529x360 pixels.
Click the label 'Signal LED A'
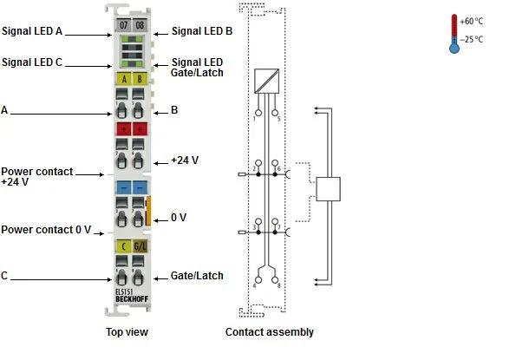click(x=32, y=31)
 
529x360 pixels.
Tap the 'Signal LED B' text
click(x=202, y=31)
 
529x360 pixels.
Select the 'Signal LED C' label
click(x=32, y=62)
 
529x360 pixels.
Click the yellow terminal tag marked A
click(x=124, y=79)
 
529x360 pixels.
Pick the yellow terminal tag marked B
click(x=140, y=79)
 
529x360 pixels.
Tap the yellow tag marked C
click(x=123, y=246)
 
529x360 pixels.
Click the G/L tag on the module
click(x=140, y=246)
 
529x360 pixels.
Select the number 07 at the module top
click(x=123, y=25)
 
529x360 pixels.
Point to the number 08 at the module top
click(x=140, y=25)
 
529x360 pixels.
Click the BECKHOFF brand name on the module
click(x=132, y=299)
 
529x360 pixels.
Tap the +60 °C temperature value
click(x=471, y=22)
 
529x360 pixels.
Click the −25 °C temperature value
click(x=471, y=40)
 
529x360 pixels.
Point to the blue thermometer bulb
click(x=454, y=49)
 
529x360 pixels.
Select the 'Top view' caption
click(x=127, y=332)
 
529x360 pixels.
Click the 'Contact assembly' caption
click(x=270, y=332)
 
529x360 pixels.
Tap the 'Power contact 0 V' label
click(x=46, y=230)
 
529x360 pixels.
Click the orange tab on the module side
click(x=147, y=211)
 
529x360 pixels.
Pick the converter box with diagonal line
click(x=266, y=81)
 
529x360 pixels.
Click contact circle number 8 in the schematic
click(x=275, y=280)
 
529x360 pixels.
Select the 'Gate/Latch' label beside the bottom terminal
click(x=197, y=276)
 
